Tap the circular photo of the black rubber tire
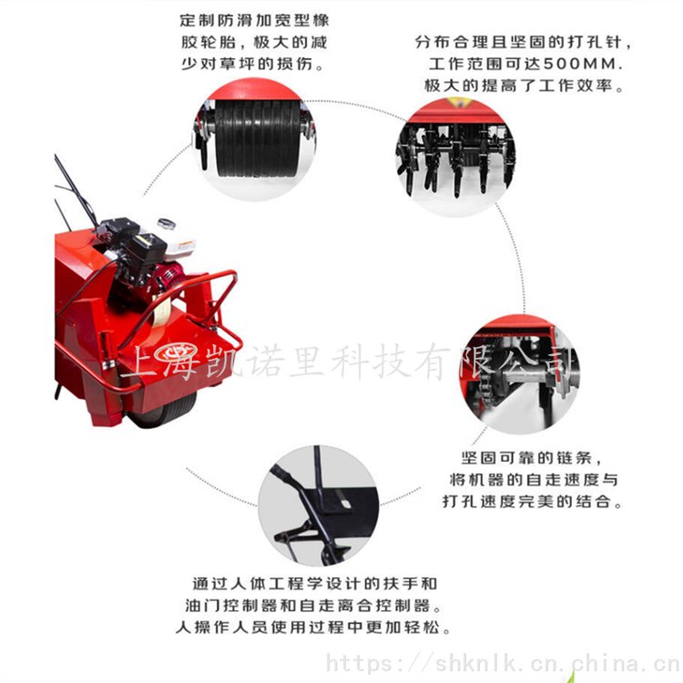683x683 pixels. [256, 138]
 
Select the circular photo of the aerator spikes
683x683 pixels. [455, 157]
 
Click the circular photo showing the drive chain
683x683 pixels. [520, 374]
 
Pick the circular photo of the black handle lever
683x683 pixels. [318, 505]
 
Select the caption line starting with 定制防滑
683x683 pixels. [254, 20]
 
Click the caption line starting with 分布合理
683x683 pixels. [523, 42]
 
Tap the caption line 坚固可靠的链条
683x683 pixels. [531, 458]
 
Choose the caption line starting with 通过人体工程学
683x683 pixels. [314, 583]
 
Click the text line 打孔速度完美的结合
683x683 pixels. [533, 502]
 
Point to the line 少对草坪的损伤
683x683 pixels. [252, 64]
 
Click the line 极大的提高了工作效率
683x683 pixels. [524, 86]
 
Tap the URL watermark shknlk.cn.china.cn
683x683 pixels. [504, 664]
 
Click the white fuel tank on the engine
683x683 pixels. [179, 248]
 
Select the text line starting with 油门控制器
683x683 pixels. [312, 605]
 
